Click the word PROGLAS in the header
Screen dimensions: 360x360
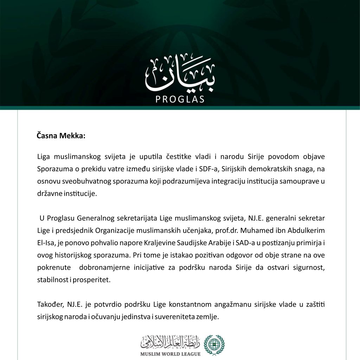pyautogui.click(x=180, y=99)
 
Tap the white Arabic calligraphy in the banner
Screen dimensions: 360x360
pyautogui.click(x=180, y=76)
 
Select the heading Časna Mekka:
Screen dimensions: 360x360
pyautogui.click(x=61, y=136)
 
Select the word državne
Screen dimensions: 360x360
pyautogui.click(x=49, y=194)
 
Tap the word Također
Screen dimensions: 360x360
pyautogui.click(x=50, y=304)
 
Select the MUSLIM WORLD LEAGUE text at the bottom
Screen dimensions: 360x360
pyautogui.click(x=170, y=354)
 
